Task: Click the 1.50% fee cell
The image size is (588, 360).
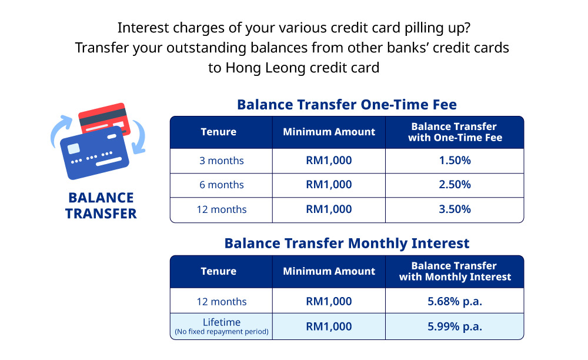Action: [x=455, y=161]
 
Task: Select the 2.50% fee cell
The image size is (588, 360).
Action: [x=455, y=185]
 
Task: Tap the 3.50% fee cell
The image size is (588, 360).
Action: [x=455, y=209]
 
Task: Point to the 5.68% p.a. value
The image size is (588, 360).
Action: [x=455, y=302]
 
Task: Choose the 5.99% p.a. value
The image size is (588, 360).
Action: [x=455, y=326]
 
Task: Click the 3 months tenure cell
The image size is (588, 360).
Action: [x=222, y=161]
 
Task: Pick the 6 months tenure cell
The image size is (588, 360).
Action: [x=222, y=185]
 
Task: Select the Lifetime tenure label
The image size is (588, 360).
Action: [x=222, y=322]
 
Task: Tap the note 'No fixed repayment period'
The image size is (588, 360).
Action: [x=222, y=332]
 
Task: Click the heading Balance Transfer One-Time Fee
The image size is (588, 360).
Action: [x=347, y=105]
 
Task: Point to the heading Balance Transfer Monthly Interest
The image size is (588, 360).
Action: [x=347, y=244]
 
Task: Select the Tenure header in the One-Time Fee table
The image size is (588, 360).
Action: [x=218, y=132]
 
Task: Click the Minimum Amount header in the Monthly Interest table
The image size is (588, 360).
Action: [x=329, y=271]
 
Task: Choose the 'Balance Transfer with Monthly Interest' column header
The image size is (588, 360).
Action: [x=455, y=271]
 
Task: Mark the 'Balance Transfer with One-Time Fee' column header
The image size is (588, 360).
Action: [x=455, y=132]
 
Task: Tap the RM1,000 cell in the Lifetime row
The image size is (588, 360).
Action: [x=329, y=326]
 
